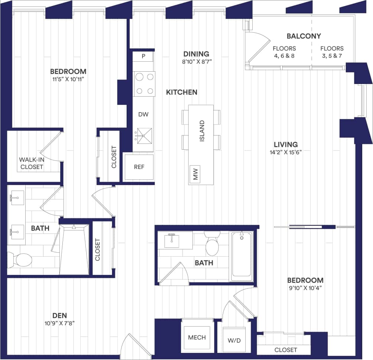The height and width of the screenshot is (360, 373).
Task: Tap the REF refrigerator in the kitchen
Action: coord(139,167)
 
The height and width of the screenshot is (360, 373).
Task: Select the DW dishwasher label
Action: coord(143,114)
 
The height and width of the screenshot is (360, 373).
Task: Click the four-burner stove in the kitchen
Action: coord(145,84)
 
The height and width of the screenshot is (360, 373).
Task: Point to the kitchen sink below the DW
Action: coord(143,136)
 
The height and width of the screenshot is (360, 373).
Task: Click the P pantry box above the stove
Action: coord(143,56)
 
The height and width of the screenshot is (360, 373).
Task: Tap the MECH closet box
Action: coord(197,337)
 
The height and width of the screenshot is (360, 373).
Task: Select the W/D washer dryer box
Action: coord(234,340)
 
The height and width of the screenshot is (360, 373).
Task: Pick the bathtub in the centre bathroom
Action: coord(242,256)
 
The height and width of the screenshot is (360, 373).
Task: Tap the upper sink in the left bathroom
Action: coord(17,197)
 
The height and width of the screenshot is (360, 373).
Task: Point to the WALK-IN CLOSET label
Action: coord(32,163)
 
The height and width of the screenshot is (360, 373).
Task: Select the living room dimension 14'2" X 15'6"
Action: coord(286,152)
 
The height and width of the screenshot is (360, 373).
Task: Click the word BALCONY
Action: coord(304,36)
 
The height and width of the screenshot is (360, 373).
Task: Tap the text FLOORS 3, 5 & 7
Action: coord(332,52)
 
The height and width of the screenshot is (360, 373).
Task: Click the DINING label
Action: coord(196,54)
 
